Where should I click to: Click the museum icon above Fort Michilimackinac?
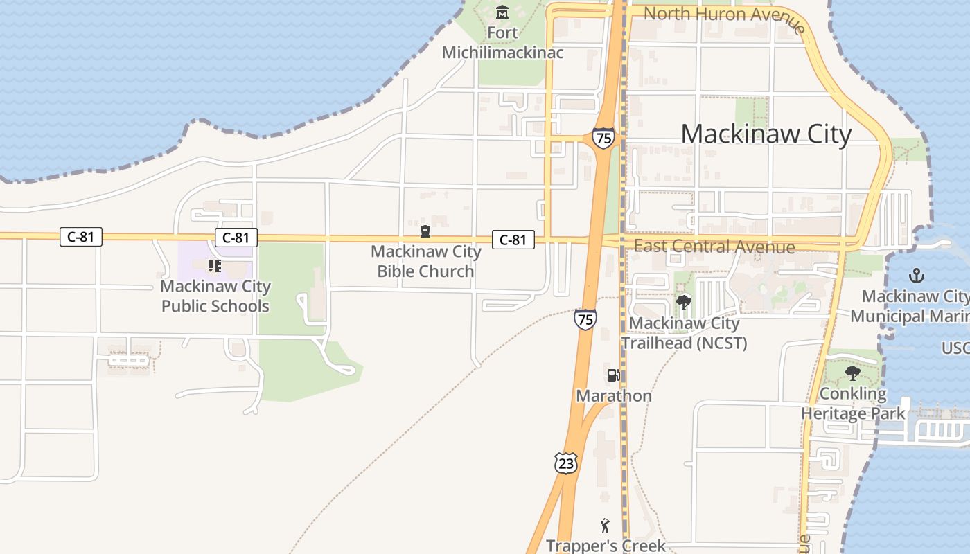[502, 12]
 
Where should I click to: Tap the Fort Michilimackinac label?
[503, 43]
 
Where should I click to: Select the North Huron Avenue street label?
[724, 15]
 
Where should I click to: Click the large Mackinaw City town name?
[766, 134]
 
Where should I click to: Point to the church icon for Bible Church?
[425, 231]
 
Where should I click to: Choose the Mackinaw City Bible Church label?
[425, 261]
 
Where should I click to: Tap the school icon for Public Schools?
[214, 265]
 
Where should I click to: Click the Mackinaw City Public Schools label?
[215, 296]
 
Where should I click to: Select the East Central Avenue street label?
[714, 247]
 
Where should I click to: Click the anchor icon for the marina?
[917, 276]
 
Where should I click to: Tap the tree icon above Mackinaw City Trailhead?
[684, 302]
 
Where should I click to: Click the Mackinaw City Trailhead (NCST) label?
[685, 333]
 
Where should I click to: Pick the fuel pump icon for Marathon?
[613, 375]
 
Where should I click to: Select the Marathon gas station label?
[614, 396]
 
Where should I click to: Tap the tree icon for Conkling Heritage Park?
[853, 373]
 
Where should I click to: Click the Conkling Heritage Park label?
[853, 404]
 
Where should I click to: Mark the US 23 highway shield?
[566, 463]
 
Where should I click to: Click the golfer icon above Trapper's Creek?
[606, 526]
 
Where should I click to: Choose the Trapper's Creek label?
[606, 546]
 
